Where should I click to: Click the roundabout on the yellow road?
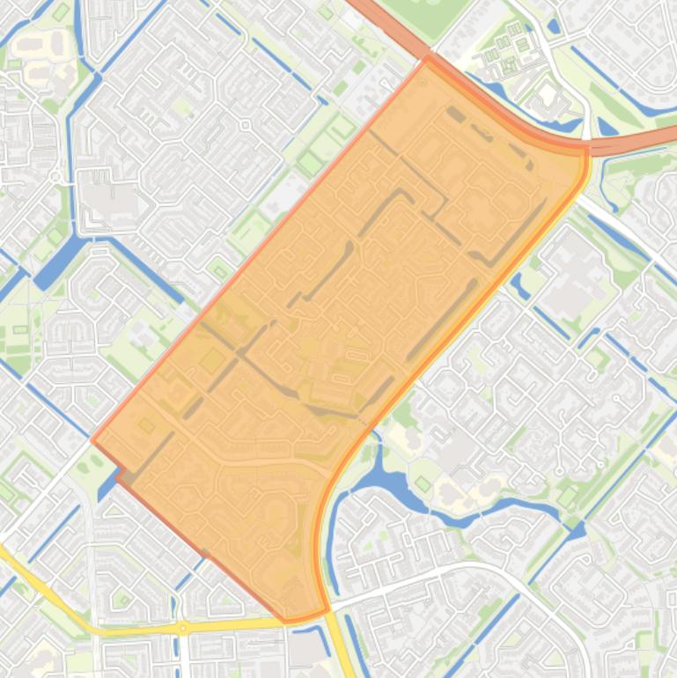click(x=182, y=628)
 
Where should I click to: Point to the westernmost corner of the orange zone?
click(x=92, y=439)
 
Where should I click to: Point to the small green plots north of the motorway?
click(x=506, y=48)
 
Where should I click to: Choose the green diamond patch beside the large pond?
click(x=423, y=484)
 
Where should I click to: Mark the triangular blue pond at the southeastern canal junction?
click(x=577, y=530)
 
